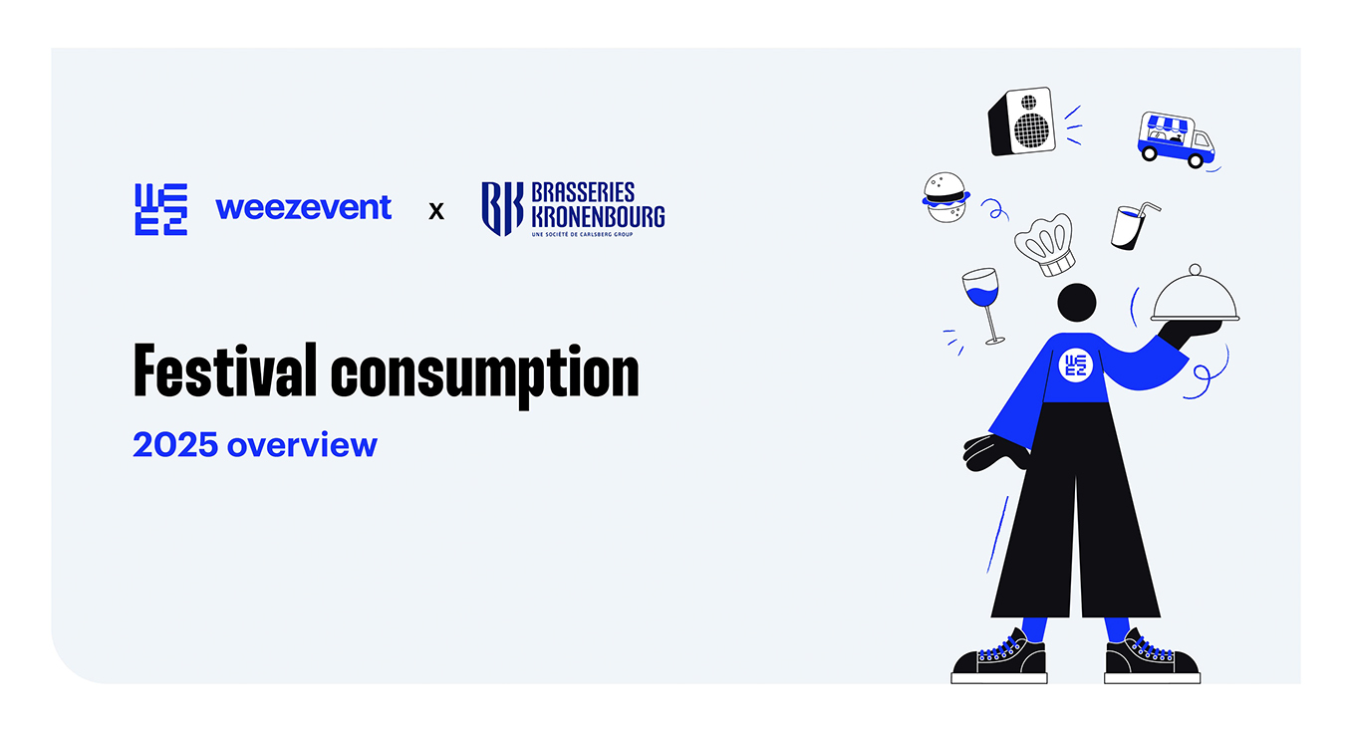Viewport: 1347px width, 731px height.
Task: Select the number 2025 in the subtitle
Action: [175, 444]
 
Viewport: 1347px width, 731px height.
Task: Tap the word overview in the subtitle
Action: [302, 444]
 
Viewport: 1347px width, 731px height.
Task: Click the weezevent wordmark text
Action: [303, 207]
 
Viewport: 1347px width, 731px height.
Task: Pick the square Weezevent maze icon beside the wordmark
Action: [160, 209]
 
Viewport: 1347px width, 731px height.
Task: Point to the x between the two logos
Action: [436, 211]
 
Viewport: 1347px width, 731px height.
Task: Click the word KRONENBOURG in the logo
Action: [599, 215]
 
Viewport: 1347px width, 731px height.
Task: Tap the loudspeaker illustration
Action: [1021, 122]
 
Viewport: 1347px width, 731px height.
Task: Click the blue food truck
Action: [1176, 138]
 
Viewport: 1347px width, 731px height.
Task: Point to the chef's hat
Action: [1045, 243]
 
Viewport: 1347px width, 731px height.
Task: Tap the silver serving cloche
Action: [1196, 296]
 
